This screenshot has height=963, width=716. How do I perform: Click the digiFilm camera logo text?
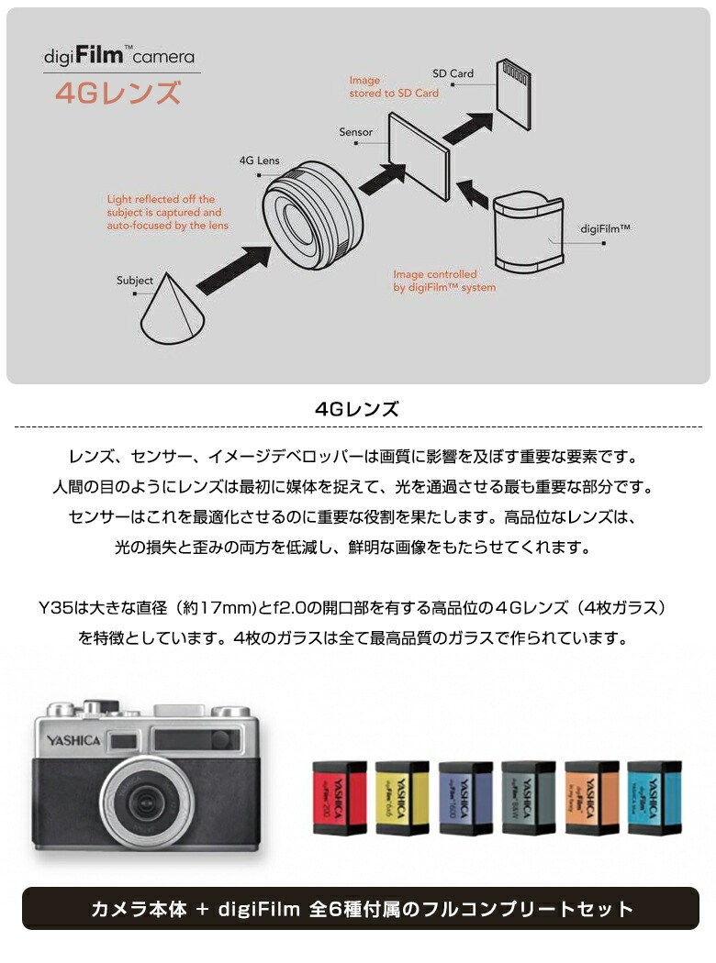pyautogui.click(x=120, y=56)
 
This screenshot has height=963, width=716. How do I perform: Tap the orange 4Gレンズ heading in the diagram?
pyautogui.click(x=117, y=94)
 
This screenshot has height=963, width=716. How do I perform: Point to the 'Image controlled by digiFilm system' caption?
pyautogui.click(x=444, y=281)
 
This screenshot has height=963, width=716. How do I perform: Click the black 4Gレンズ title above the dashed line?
pyautogui.click(x=357, y=409)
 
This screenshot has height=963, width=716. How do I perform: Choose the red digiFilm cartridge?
pyautogui.click(x=339, y=797)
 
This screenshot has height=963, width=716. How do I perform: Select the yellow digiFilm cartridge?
pyautogui.click(x=402, y=797)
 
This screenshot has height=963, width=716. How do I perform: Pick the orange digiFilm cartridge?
pyautogui.click(x=591, y=797)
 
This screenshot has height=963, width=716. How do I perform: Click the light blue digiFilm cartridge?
pyautogui.click(x=654, y=797)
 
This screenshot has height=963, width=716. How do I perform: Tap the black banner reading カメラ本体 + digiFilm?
pyautogui.click(x=361, y=909)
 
